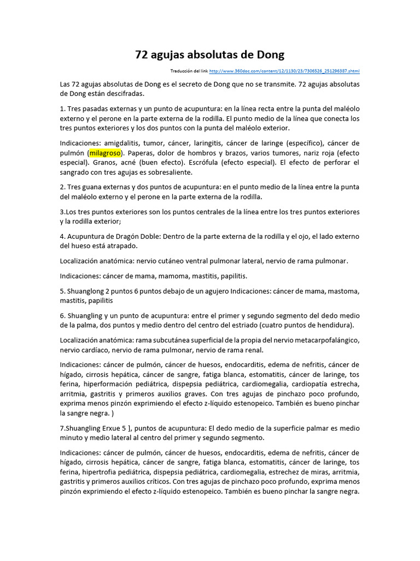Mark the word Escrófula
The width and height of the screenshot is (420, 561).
coord(248,163)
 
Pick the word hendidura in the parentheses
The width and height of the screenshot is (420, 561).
coord(334,325)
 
